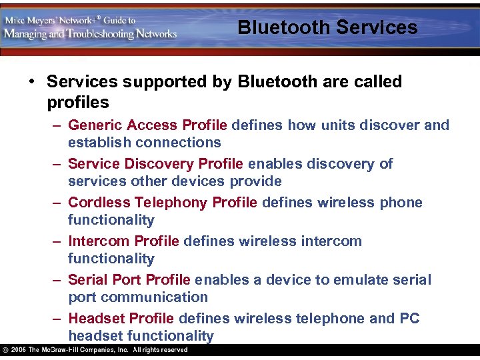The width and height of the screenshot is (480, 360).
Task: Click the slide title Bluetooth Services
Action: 327,27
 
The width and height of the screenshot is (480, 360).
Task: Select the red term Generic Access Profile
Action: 147,125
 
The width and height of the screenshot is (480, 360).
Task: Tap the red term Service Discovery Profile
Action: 156,164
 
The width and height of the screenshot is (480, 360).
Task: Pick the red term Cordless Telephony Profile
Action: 162,203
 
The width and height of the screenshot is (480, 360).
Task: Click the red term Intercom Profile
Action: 123,241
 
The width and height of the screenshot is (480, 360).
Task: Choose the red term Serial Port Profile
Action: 129,280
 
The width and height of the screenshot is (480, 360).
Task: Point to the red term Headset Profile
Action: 121,319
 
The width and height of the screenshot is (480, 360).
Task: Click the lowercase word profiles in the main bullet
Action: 78,103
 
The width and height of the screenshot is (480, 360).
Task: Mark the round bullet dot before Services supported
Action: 32,82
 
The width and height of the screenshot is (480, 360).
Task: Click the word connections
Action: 178,143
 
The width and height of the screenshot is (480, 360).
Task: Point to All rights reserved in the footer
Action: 160,350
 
